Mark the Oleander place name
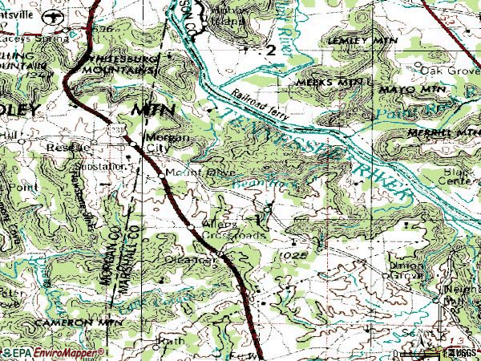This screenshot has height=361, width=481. coord(192,260)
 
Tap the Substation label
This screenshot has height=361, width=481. coord(105,166)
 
